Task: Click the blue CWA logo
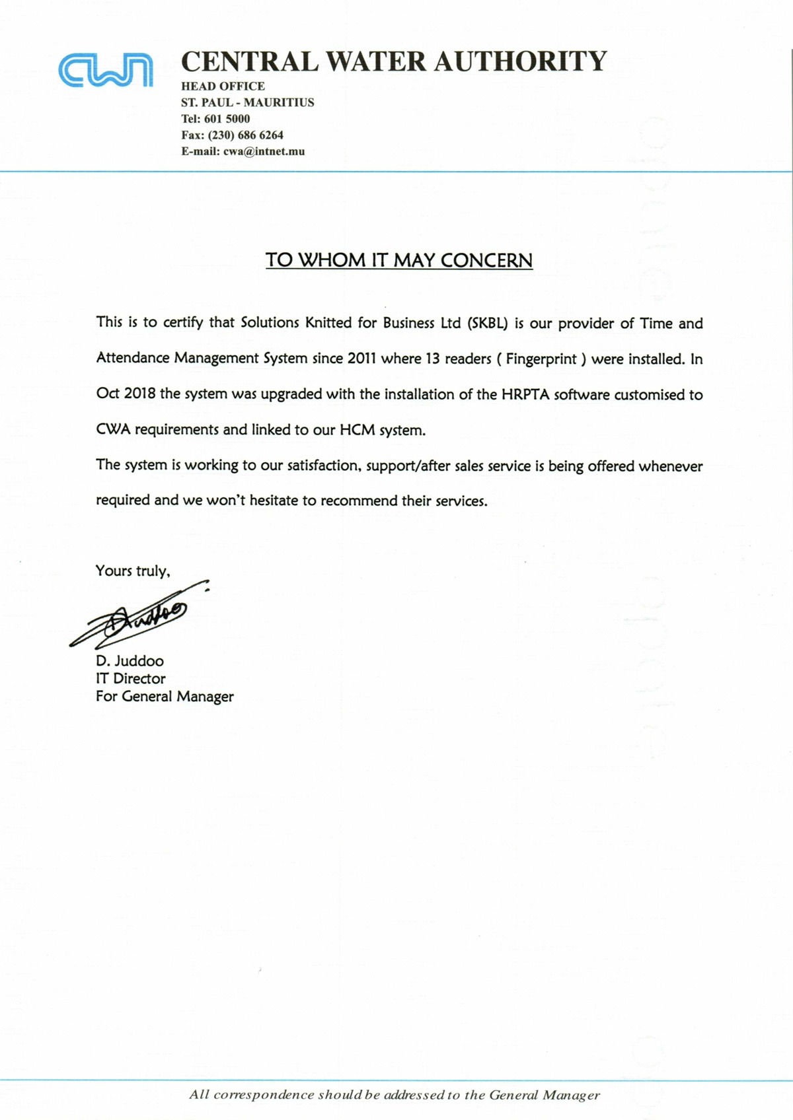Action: tap(106, 70)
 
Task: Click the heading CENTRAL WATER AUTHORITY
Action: tap(394, 61)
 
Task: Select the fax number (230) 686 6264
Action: tap(245, 135)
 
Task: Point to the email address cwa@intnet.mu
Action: tap(264, 151)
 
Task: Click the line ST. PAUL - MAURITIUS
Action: tap(247, 102)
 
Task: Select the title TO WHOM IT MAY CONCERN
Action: tap(398, 260)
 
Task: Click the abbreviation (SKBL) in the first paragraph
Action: tap(488, 324)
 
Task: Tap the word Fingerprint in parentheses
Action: tap(541, 359)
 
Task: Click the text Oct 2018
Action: tap(126, 394)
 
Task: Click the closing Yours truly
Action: tap(132, 571)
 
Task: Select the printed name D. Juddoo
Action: tap(130, 661)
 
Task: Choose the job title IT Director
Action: tap(130, 679)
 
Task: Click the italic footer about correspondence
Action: tap(395, 1095)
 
